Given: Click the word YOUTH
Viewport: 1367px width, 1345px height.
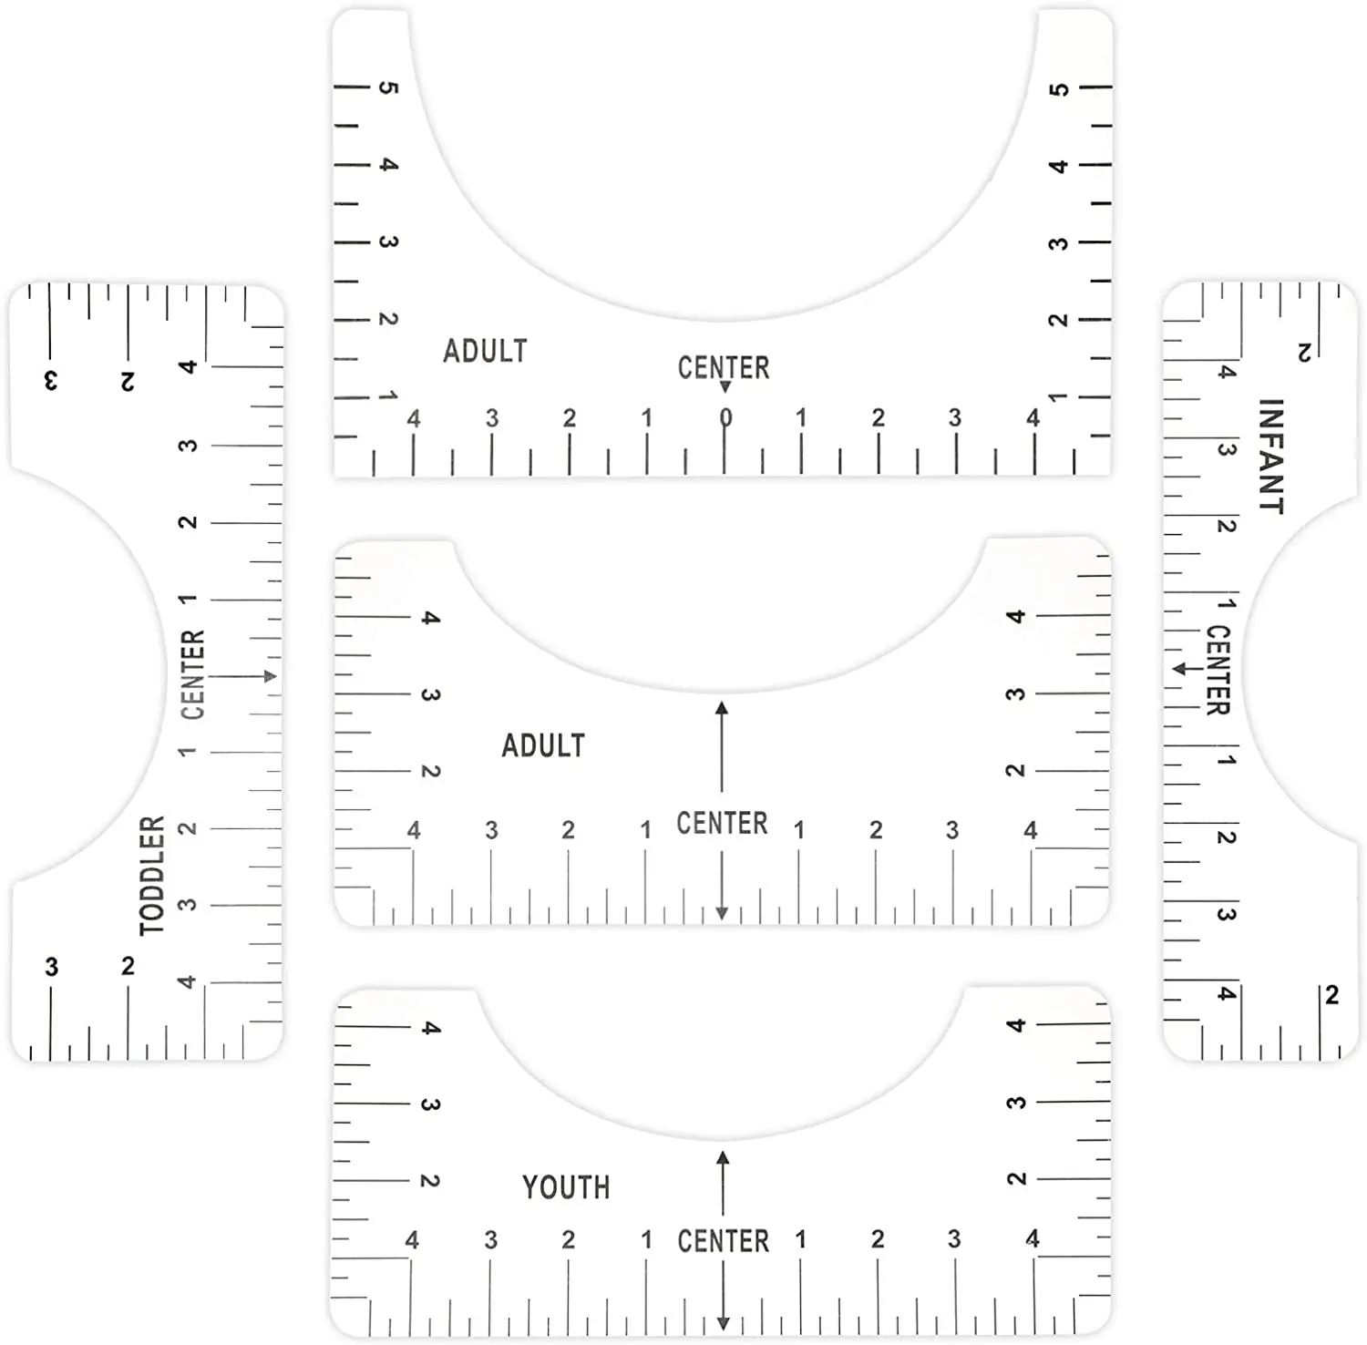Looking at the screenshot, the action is tap(566, 1186).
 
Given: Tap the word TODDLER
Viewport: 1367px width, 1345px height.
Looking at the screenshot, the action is tap(152, 875).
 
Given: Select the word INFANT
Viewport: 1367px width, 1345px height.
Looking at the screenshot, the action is tap(1270, 457).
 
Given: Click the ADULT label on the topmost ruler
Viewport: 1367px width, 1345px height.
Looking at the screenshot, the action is tap(485, 351).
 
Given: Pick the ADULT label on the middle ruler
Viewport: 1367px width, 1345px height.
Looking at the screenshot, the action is tap(543, 745).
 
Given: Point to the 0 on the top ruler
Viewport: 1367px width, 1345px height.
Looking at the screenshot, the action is tap(725, 417).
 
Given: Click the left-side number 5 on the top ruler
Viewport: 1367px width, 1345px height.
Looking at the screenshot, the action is tap(388, 87).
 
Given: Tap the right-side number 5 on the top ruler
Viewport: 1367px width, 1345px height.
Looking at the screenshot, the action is tap(1058, 89).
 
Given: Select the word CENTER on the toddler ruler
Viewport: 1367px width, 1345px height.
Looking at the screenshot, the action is tap(193, 674).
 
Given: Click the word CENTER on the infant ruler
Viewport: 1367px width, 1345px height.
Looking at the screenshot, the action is tap(1218, 670).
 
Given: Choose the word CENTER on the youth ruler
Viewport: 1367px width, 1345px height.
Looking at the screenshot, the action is tap(724, 1240).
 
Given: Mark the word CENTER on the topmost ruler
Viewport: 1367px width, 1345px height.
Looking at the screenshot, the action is tap(724, 367).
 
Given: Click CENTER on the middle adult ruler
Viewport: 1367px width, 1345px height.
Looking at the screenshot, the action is tap(722, 823).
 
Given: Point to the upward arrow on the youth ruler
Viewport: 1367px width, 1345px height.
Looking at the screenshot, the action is tap(723, 1183).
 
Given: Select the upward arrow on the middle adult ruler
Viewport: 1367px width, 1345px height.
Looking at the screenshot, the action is tap(722, 746).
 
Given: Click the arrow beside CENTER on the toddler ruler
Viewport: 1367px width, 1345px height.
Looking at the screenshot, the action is tap(242, 676).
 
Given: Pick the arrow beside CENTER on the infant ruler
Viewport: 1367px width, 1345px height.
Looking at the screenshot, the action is tap(1188, 669).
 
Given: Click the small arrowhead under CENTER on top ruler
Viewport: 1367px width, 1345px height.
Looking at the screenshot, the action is tap(725, 387).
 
